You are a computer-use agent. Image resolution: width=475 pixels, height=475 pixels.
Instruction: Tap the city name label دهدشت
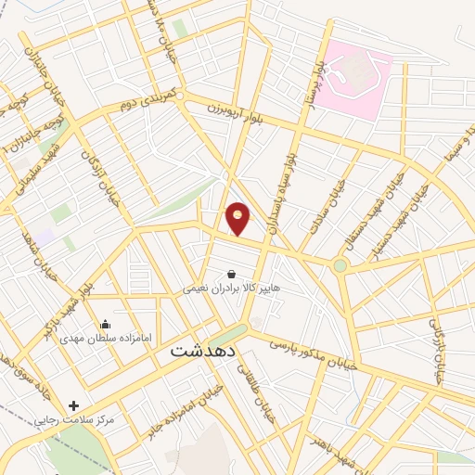205,353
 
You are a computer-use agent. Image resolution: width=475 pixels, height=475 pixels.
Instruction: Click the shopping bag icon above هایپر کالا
230,274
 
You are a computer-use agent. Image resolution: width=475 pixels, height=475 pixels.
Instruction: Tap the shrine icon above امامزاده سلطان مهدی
105,325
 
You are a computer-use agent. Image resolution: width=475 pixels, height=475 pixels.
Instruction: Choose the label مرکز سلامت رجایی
74,420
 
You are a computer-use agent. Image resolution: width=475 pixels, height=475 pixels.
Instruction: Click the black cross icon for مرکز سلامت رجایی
74,405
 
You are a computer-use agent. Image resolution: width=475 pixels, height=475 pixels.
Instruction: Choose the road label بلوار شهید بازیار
69,306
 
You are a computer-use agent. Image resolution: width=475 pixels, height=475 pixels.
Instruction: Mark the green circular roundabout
340,267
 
